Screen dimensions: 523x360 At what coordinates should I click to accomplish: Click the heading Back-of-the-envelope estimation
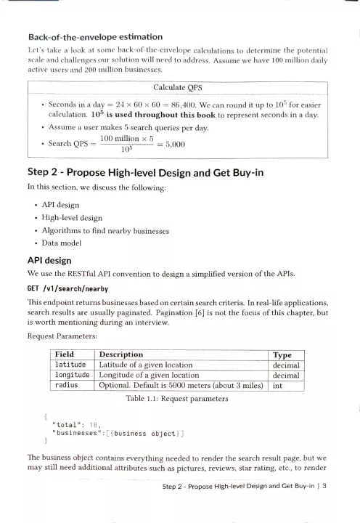point(94,36)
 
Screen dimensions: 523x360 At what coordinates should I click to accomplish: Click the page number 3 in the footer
point(326,507)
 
